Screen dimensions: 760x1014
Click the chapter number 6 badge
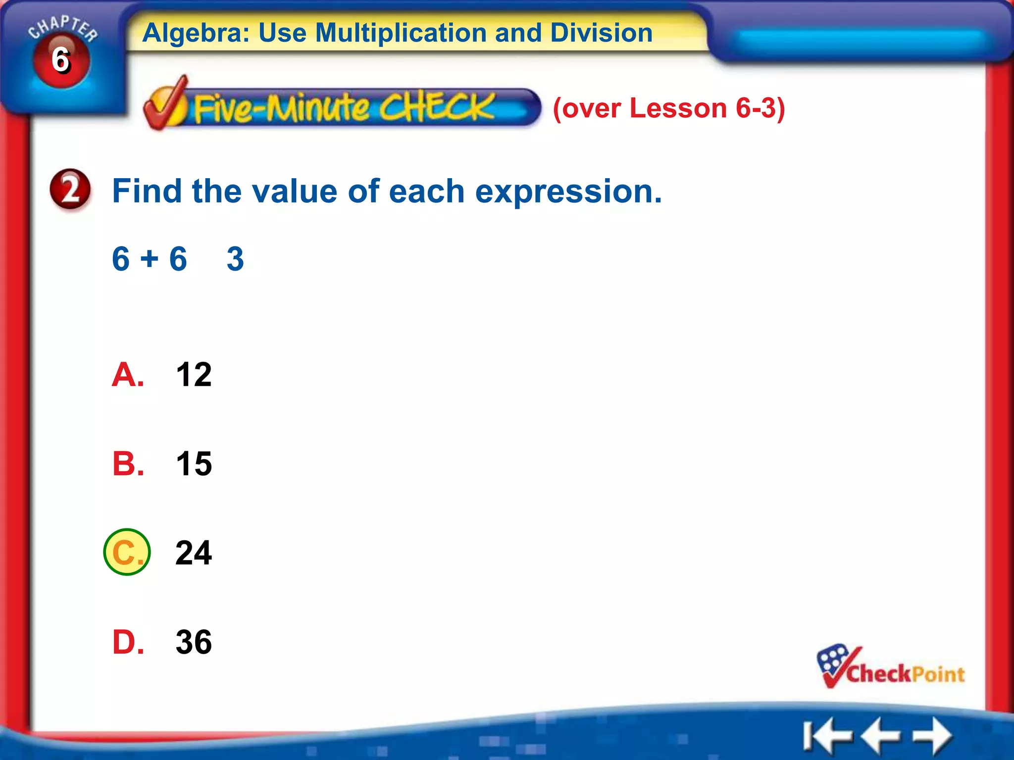pos(61,60)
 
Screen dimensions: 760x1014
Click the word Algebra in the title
pos(196,33)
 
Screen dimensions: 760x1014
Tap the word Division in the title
pos(601,33)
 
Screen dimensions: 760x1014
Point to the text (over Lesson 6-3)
pos(668,108)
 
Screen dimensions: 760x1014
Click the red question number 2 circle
pos(70,190)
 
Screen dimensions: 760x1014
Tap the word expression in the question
pos(568,191)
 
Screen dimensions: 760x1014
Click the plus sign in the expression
pos(149,259)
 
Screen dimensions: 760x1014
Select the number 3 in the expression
pos(235,259)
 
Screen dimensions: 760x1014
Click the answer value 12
pos(194,375)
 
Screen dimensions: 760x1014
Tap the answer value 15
pos(194,464)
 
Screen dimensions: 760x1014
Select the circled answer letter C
pos(127,552)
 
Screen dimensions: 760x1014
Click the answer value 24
pos(194,553)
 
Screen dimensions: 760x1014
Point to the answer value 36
pos(194,642)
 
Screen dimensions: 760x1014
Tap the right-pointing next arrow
pos(933,735)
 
